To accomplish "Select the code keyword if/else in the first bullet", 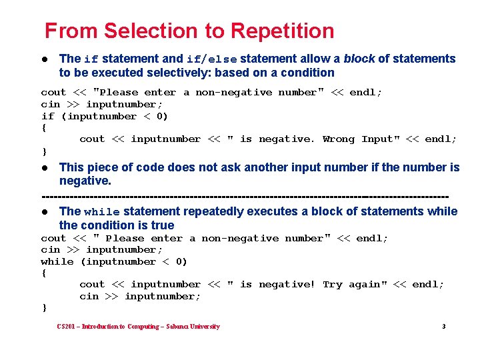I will pyautogui.click(x=211, y=59).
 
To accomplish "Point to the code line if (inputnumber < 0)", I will pyautogui.click(x=105, y=116).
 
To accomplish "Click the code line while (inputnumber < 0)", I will pyautogui.click(x=114, y=261).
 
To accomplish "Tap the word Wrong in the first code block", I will pyautogui.click(x=339, y=139).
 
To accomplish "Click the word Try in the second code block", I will pyautogui.click(x=332, y=284).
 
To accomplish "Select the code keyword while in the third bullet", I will pyautogui.click(x=102, y=212).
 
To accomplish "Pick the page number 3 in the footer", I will pyautogui.click(x=443, y=327).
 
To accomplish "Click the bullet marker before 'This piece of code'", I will pyautogui.click(x=44, y=167).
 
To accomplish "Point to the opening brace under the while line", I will pyautogui.click(x=44, y=273).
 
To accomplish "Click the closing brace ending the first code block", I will pyautogui.click(x=44, y=151).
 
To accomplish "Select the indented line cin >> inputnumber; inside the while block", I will pyautogui.click(x=140, y=296).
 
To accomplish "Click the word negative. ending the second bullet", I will pyautogui.click(x=85, y=181).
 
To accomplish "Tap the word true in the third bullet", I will pyautogui.click(x=163, y=225).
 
